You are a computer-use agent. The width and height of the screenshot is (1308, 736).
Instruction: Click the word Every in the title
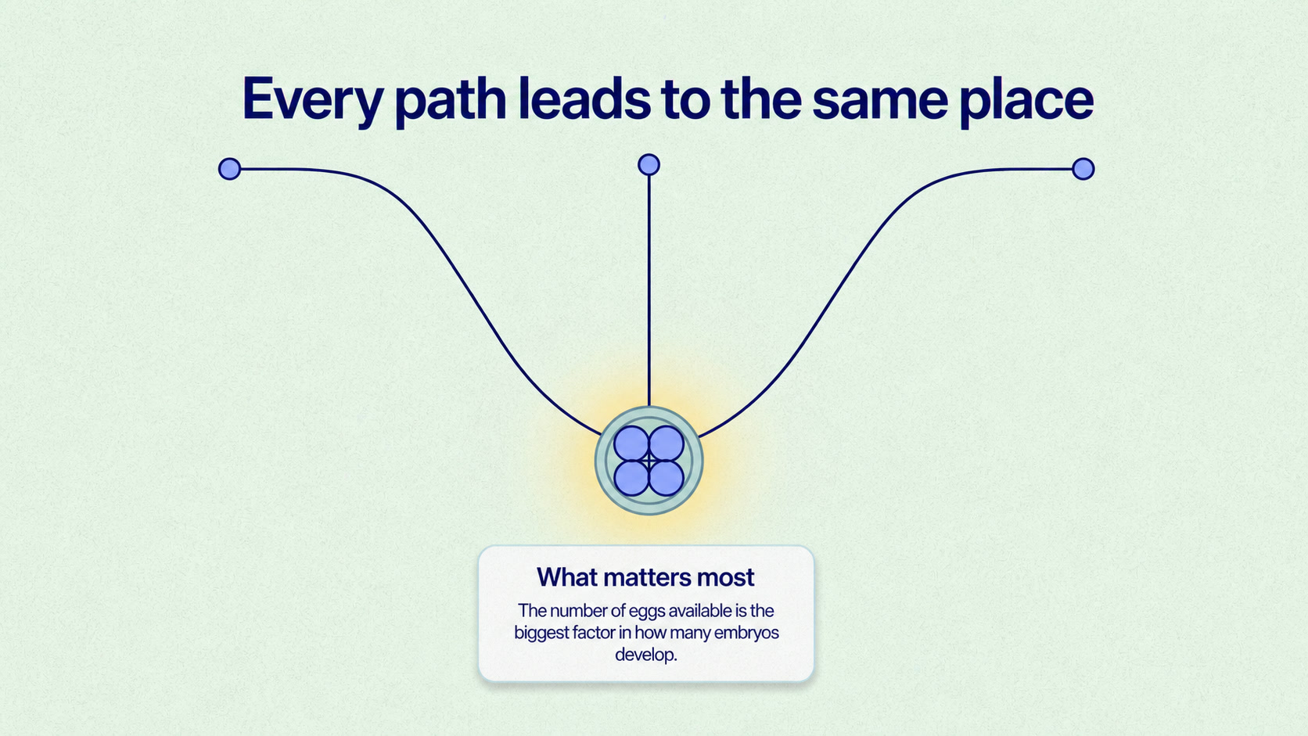[x=312, y=100]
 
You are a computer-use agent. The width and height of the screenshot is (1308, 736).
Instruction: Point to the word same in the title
[x=880, y=103]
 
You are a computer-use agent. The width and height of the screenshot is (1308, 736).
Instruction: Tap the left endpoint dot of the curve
[x=229, y=169]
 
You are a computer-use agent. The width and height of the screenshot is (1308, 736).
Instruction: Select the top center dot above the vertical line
[x=649, y=164]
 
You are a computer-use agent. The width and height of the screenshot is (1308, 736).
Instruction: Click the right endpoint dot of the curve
[x=1083, y=169]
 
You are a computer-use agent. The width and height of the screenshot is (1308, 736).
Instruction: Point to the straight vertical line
[x=649, y=291]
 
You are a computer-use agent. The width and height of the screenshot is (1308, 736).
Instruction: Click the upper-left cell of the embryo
[x=631, y=443]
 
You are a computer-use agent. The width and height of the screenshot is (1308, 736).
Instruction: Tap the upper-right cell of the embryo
[x=667, y=443]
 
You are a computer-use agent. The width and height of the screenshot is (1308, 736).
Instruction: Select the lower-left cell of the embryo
[x=631, y=478]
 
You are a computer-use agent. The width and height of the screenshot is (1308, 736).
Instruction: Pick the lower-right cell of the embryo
[x=667, y=478]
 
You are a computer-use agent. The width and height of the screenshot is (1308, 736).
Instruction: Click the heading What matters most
[x=645, y=577]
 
